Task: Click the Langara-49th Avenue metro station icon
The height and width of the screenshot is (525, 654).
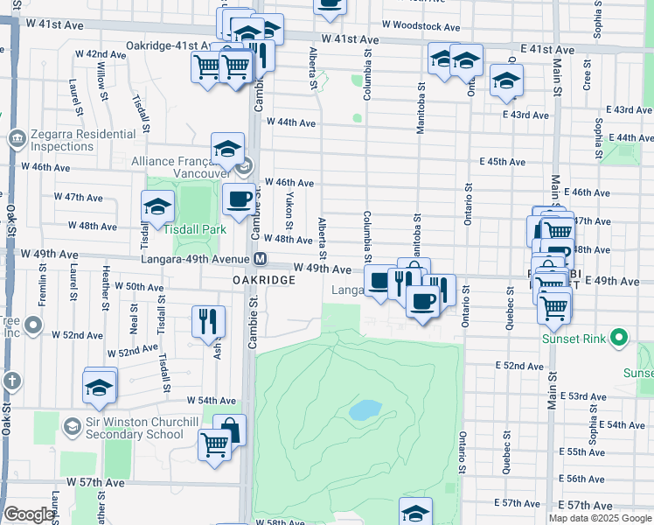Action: pyautogui.click(x=261, y=259)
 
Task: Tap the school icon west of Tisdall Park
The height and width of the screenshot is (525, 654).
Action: pyautogui.click(x=157, y=206)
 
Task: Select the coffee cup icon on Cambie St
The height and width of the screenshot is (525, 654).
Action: pyautogui.click(x=239, y=199)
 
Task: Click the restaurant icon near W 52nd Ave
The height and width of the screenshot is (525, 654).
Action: pyautogui.click(x=208, y=320)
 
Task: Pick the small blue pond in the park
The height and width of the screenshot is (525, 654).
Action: pyautogui.click(x=365, y=409)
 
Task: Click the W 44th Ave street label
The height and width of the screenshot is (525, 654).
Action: pyautogui.click(x=290, y=122)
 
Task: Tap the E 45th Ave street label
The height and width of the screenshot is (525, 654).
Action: pyautogui.click(x=503, y=162)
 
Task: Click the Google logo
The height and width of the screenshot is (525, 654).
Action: pyautogui.click(x=28, y=514)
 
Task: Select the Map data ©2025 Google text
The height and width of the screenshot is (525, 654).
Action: pyautogui.click(x=600, y=518)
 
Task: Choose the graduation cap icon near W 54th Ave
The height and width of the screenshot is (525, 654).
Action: pyautogui.click(x=100, y=387)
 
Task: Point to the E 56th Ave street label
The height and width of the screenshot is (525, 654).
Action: pyautogui.click(x=586, y=479)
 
